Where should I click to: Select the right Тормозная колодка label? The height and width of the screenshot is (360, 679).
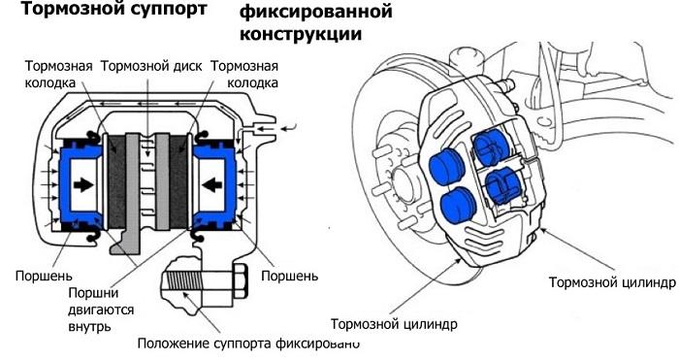pos(244,75)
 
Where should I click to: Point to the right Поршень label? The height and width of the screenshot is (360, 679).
pos(291,276)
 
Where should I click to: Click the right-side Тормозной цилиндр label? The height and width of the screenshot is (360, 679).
pos(610,282)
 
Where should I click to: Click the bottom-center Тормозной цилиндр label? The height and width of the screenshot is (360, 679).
pos(394,323)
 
